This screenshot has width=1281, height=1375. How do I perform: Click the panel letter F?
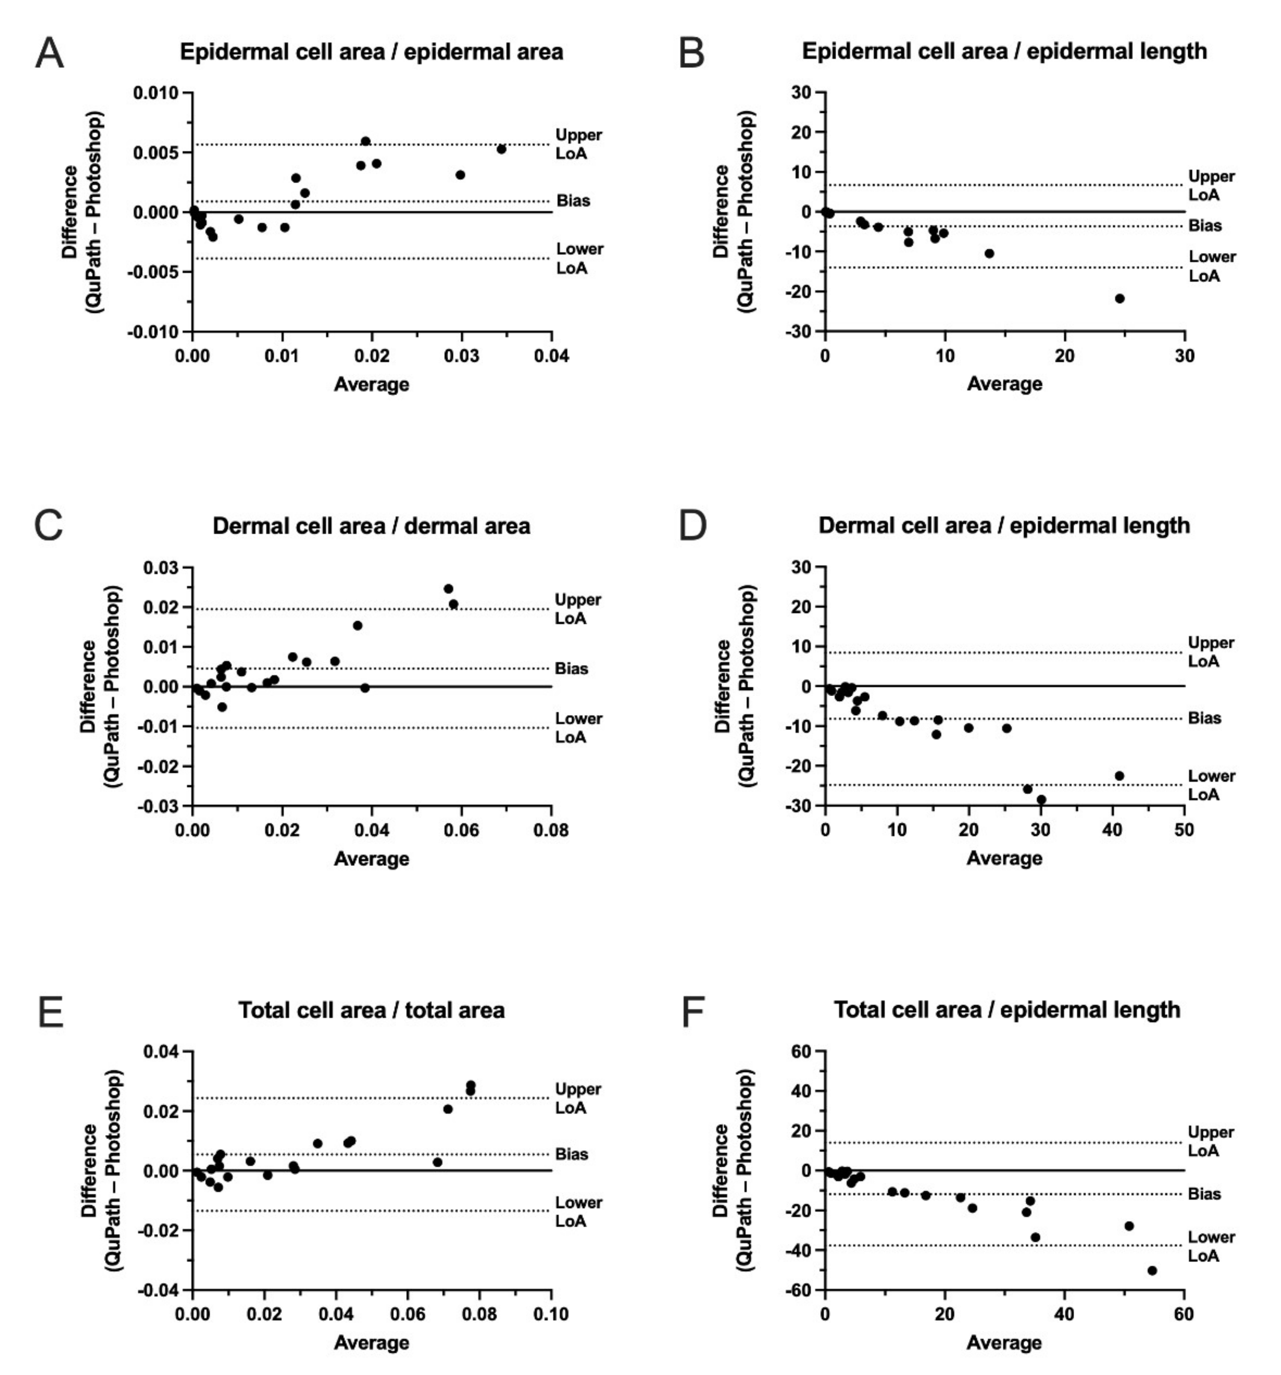[692, 1012]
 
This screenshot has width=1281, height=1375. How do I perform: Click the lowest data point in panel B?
[1119, 299]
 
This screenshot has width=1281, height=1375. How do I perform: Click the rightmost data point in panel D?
[1119, 776]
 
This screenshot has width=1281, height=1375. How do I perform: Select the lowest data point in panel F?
[1151, 1271]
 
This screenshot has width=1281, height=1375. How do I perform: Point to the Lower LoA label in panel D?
[1210, 785]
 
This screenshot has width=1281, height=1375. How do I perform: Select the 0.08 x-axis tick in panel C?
[551, 830]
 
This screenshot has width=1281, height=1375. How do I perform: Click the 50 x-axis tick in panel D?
[1184, 830]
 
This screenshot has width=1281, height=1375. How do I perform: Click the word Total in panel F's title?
[856, 1010]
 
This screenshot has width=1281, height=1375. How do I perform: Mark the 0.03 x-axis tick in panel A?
[461, 356]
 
